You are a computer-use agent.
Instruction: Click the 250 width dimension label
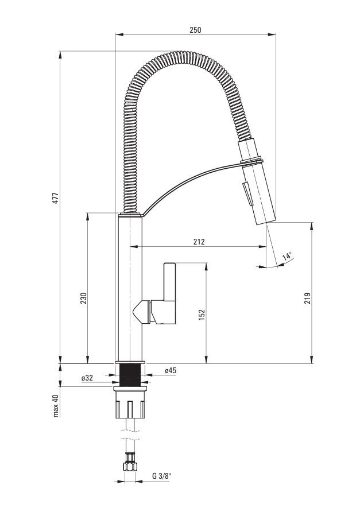click(195, 30)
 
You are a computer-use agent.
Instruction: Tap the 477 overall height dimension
click(56, 198)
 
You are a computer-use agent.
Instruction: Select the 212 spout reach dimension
click(199, 242)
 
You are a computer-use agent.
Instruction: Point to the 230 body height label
click(83, 298)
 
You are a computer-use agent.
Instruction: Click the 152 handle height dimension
click(202, 315)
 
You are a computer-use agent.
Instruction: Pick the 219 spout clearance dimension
click(307, 298)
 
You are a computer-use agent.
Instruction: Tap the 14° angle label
click(287, 255)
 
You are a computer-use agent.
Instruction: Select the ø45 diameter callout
click(171, 370)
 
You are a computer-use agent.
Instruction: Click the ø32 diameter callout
click(87, 378)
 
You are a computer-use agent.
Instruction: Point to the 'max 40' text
click(56, 406)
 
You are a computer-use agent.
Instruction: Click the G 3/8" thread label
click(161, 476)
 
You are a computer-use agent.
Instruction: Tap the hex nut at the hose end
click(130, 466)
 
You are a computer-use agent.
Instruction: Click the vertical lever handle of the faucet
click(170, 282)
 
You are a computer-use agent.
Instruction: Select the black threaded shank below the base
click(130, 375)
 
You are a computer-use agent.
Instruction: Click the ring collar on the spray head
click(252, 160)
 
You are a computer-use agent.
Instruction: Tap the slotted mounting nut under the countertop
click(130, 402)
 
